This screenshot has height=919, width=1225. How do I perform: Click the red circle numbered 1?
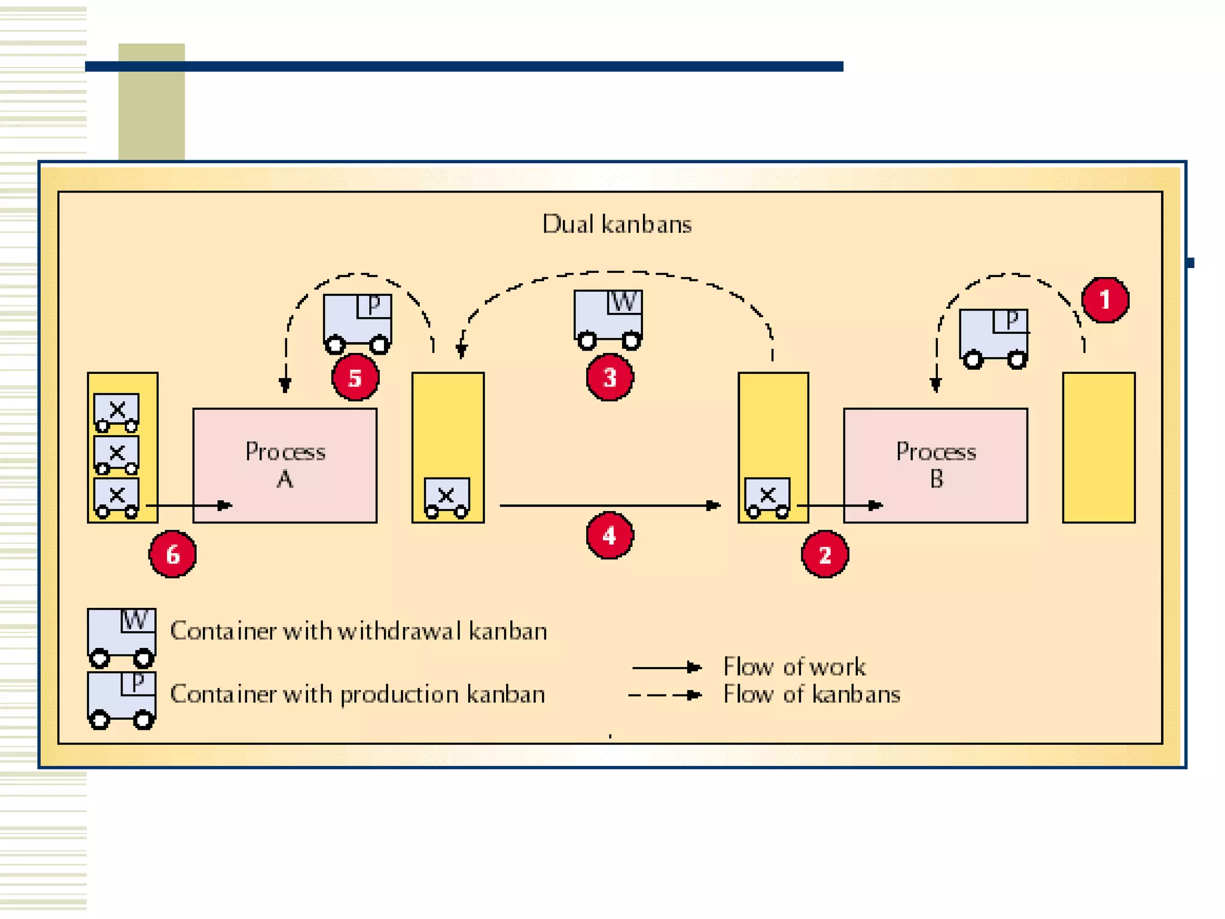(x=1105, y=300)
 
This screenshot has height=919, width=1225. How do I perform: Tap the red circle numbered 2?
(x=824, y=555)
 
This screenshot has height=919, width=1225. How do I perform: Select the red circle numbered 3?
(x=610, y=378)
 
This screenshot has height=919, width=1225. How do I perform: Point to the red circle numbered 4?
(x=610, y=535)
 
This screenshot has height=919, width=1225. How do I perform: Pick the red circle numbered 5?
(x=355, y=378)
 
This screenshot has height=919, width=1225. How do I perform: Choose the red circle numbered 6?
(x=172, y=555)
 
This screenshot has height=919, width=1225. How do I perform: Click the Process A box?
(x=285, y=465)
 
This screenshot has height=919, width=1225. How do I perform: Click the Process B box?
(x=935, y=465)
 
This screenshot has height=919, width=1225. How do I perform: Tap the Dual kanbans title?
(x=617, y=224)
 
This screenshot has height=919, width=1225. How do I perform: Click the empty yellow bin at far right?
(x=1098, y=448)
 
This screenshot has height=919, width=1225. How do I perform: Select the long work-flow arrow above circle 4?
(x=610, y=506)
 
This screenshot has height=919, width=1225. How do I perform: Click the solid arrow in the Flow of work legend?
(x=666, y=667)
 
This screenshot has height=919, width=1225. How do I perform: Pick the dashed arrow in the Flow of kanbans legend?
(x=665, y=695)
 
